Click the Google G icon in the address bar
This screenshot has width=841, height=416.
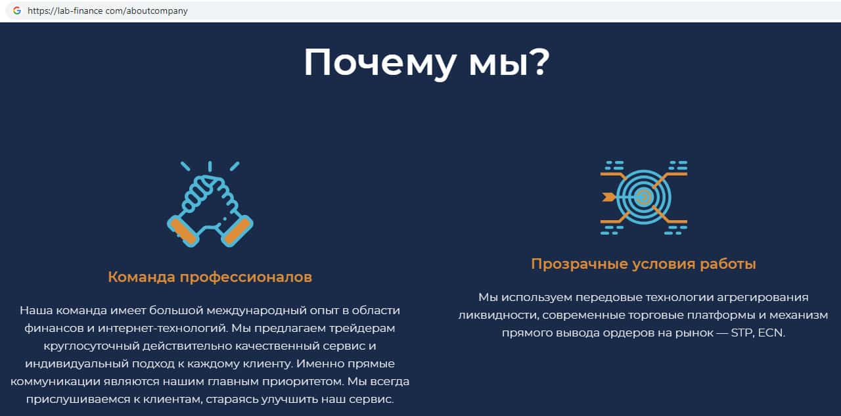tap(17, 11)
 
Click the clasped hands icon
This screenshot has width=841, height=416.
tap(210, 204)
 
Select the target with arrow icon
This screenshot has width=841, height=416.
tap(643, 198)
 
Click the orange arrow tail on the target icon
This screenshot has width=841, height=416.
tap(608, 197)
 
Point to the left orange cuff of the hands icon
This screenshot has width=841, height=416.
tap(183, 231)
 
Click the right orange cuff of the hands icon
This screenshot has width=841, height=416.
tap(237, 231)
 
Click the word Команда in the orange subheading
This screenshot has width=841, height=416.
tap(141, 277)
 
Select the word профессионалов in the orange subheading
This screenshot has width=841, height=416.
tap(246, 278)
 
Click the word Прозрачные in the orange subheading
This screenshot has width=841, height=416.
tap(580, 264)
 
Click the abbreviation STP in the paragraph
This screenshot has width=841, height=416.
tap(742, 333)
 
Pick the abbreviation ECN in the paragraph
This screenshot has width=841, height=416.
tap(771, 333)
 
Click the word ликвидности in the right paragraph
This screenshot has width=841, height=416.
tap(499, 315)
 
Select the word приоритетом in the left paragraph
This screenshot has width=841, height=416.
tap(303, 382)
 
